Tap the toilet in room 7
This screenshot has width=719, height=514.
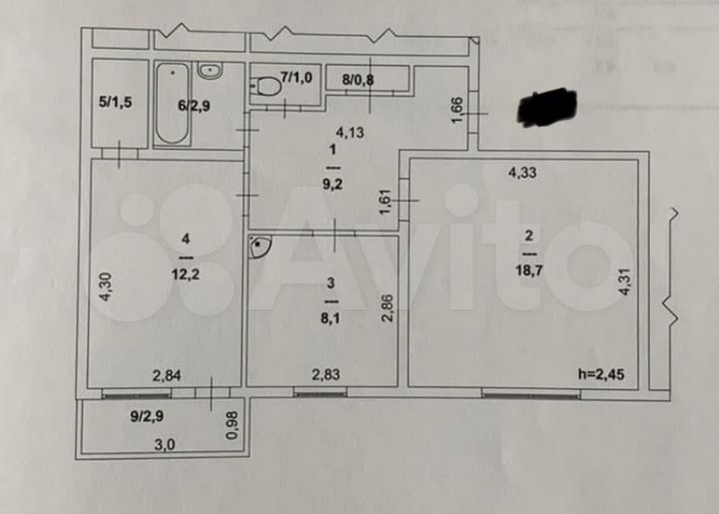pyautogui.click(x=268, y=86)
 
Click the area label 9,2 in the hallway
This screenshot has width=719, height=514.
pyautogui.click(x=330, y=184)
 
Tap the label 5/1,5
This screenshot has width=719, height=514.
pyautogui.click(x=114, y=101)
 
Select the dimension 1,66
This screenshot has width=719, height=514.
pyautogui.click(x=456, y=109)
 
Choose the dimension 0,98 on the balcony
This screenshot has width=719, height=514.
pyautogui.click(x=233, y=425)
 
